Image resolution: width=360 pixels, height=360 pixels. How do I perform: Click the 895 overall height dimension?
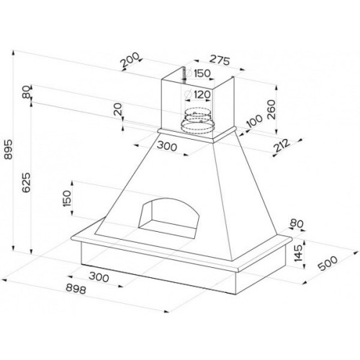(x=8, y=150)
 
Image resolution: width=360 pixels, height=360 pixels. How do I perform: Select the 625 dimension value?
(x=26, y=182)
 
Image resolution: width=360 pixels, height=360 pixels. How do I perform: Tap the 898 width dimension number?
(x=76, y=289)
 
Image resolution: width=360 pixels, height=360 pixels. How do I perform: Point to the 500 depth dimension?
(x=328, y=264)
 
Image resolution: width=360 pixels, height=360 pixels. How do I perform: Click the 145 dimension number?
(x=298, y=253)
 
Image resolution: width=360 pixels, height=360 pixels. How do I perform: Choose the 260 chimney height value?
(x=271, y=109)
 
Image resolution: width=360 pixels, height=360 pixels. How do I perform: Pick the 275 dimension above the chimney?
(x=220, y=60)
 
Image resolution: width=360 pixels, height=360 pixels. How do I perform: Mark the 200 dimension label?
(x=130, y=60)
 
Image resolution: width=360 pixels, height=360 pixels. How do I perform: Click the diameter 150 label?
(x=198, y=73)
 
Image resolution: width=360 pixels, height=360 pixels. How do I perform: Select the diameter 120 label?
(x=198, y=94)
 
